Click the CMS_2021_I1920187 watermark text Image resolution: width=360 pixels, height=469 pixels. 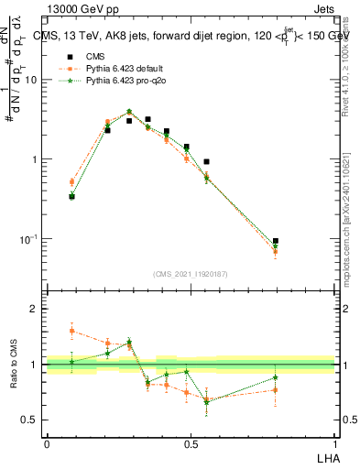point(190,274)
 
